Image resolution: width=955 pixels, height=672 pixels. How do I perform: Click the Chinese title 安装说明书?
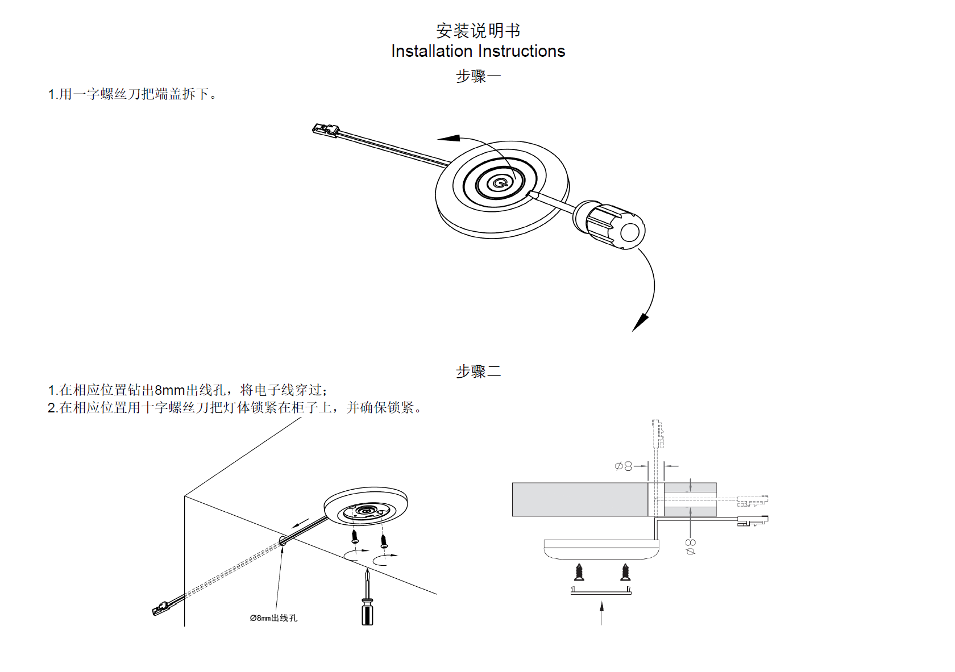[477, 31]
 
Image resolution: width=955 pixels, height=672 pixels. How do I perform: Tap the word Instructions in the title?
[522, 51]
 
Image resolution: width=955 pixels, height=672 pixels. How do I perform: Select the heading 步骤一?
[478, 76]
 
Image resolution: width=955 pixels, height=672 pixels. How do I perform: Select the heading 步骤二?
[478, 372]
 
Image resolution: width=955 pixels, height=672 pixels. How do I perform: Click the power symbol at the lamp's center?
[500, 183]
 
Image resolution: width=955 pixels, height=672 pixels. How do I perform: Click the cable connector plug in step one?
[325, 130]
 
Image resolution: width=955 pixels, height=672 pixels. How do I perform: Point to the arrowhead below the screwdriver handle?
[640, 323]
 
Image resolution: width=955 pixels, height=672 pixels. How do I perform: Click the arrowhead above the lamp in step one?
[449, 138]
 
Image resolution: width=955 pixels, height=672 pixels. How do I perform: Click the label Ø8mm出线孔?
[273, 618]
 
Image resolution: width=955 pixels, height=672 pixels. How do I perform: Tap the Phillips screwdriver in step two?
[367, 603]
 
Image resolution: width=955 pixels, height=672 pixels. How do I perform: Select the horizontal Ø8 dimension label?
[624, 466]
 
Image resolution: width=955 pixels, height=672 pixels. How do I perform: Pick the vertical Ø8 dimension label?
[691, 546]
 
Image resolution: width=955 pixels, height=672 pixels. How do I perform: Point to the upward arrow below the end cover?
[601, 613]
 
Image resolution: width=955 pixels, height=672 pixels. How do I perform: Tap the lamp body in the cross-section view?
[601, 549]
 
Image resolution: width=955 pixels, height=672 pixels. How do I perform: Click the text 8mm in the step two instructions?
[170, 390]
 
